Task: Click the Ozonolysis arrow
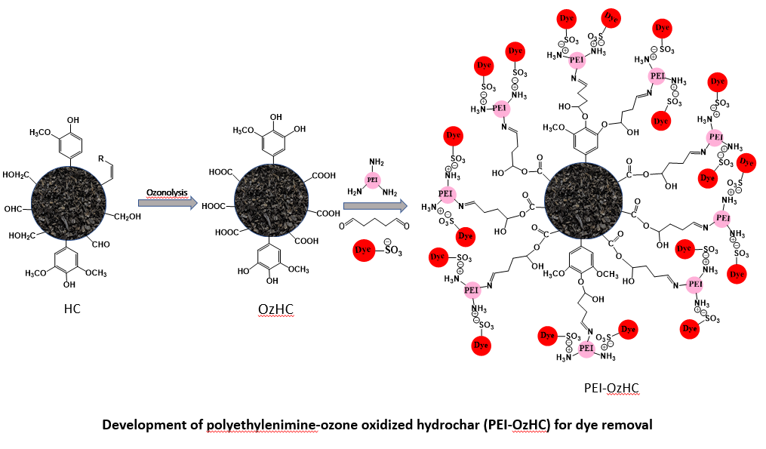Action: pyautogui.click(x=168, y=202)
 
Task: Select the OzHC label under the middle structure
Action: pyautogui.click(x=274, y=310)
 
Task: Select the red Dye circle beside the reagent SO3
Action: pyautogui.click(x=365, y=249)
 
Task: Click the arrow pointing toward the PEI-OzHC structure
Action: pyautogui.click(x=375, y=205)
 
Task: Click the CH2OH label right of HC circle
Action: pyautogui.click(x=126, y=217)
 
